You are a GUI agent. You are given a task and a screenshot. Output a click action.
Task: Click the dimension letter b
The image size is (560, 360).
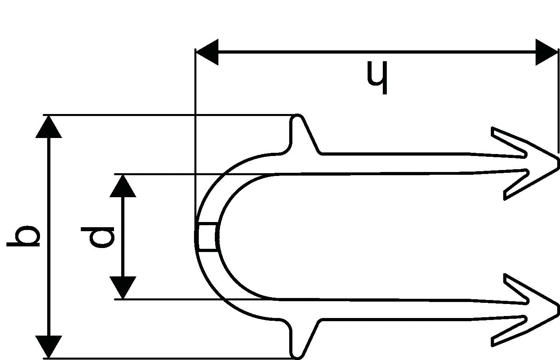(23, 236)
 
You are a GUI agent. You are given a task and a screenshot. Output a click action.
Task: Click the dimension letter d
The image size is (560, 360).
(98, 237)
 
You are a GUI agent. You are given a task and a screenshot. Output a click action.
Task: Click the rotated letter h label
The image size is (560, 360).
(377, 78)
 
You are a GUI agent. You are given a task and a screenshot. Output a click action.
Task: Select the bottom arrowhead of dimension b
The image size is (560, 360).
(48, 347)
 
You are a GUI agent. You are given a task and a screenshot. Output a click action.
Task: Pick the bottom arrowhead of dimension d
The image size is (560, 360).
(123, 288)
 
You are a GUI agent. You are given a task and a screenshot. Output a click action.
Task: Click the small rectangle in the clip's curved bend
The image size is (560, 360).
(208, 237)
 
